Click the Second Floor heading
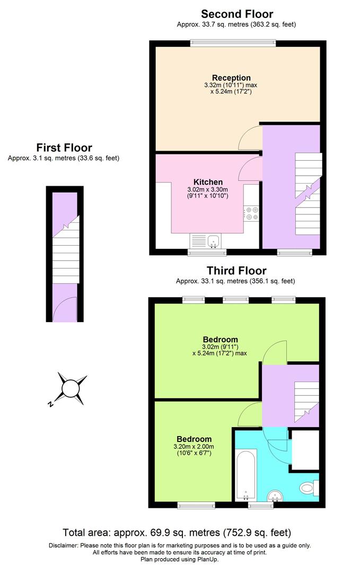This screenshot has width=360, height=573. coord(236,14)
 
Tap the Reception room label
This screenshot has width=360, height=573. coord(231,78)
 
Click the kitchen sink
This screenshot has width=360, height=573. coord(213,241)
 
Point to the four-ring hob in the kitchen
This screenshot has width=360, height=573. coord(252,213)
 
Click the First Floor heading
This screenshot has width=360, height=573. coord(64,147)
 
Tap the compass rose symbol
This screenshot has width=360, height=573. coord(72,389)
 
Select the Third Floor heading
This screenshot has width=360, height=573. coord(236,271)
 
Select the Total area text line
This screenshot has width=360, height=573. coord(177,532)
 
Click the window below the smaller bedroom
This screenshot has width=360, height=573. coord(192,505)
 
